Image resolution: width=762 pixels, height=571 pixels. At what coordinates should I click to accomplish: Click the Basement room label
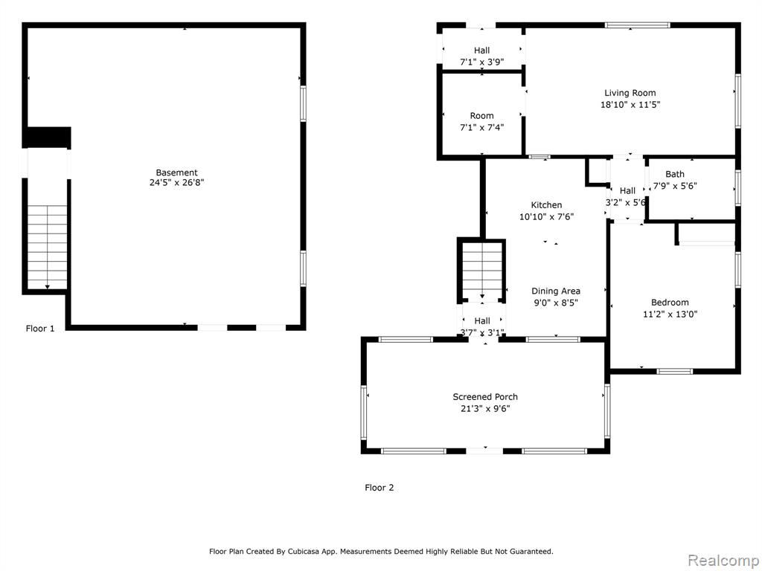click(x=176, y=172)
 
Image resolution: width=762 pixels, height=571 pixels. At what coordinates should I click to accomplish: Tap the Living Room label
click(x=630, y=93)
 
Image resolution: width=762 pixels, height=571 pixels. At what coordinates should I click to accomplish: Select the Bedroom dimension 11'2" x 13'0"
click(x=670, y=314)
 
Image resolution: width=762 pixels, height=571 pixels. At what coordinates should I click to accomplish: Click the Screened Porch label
click(x=485, y=397)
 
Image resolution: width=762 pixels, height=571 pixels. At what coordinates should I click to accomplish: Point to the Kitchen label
click(x=546, y=205)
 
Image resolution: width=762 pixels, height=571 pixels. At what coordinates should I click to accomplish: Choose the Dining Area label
click(x=555, y=291)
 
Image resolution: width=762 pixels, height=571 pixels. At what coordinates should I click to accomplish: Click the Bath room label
click(x=675, y=174)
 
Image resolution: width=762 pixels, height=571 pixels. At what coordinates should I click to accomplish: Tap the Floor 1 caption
click(x=40, y=329)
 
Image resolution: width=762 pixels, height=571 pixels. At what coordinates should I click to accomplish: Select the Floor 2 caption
click(x=379, y=488)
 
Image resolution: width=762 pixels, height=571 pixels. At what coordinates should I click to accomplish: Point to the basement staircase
click(x=47, y=248)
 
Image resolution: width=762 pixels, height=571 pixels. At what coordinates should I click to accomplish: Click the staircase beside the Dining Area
click(x=481, y=271)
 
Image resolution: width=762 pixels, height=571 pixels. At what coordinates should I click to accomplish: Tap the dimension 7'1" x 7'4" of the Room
click(x=481, y=128)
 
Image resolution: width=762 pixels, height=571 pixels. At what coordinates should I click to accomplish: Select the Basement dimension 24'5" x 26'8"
click(x=176, y=183)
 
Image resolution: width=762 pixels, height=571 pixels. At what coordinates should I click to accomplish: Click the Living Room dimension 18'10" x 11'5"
click(x=630, y=104)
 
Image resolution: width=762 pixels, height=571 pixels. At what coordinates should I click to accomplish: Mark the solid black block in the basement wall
click(x=48, y=138)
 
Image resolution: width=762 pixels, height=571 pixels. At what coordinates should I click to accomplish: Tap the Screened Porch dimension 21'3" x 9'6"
click(x=485, y=409)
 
